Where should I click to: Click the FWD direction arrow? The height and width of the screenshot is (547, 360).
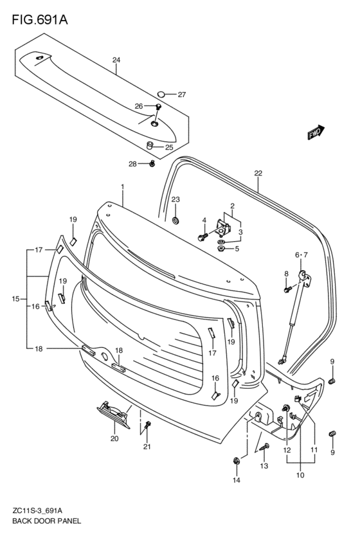coord(316,132)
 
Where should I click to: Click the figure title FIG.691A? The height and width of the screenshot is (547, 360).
coord(40,20)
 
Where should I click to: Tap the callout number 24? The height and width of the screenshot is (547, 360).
coord(116,60)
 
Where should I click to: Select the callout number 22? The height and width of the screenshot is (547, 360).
coord(258,173)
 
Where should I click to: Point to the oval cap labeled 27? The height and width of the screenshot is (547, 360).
coord(161,94)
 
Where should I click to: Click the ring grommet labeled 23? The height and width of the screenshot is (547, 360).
coord(175,220)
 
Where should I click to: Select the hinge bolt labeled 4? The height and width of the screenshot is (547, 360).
coord(202,237)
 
